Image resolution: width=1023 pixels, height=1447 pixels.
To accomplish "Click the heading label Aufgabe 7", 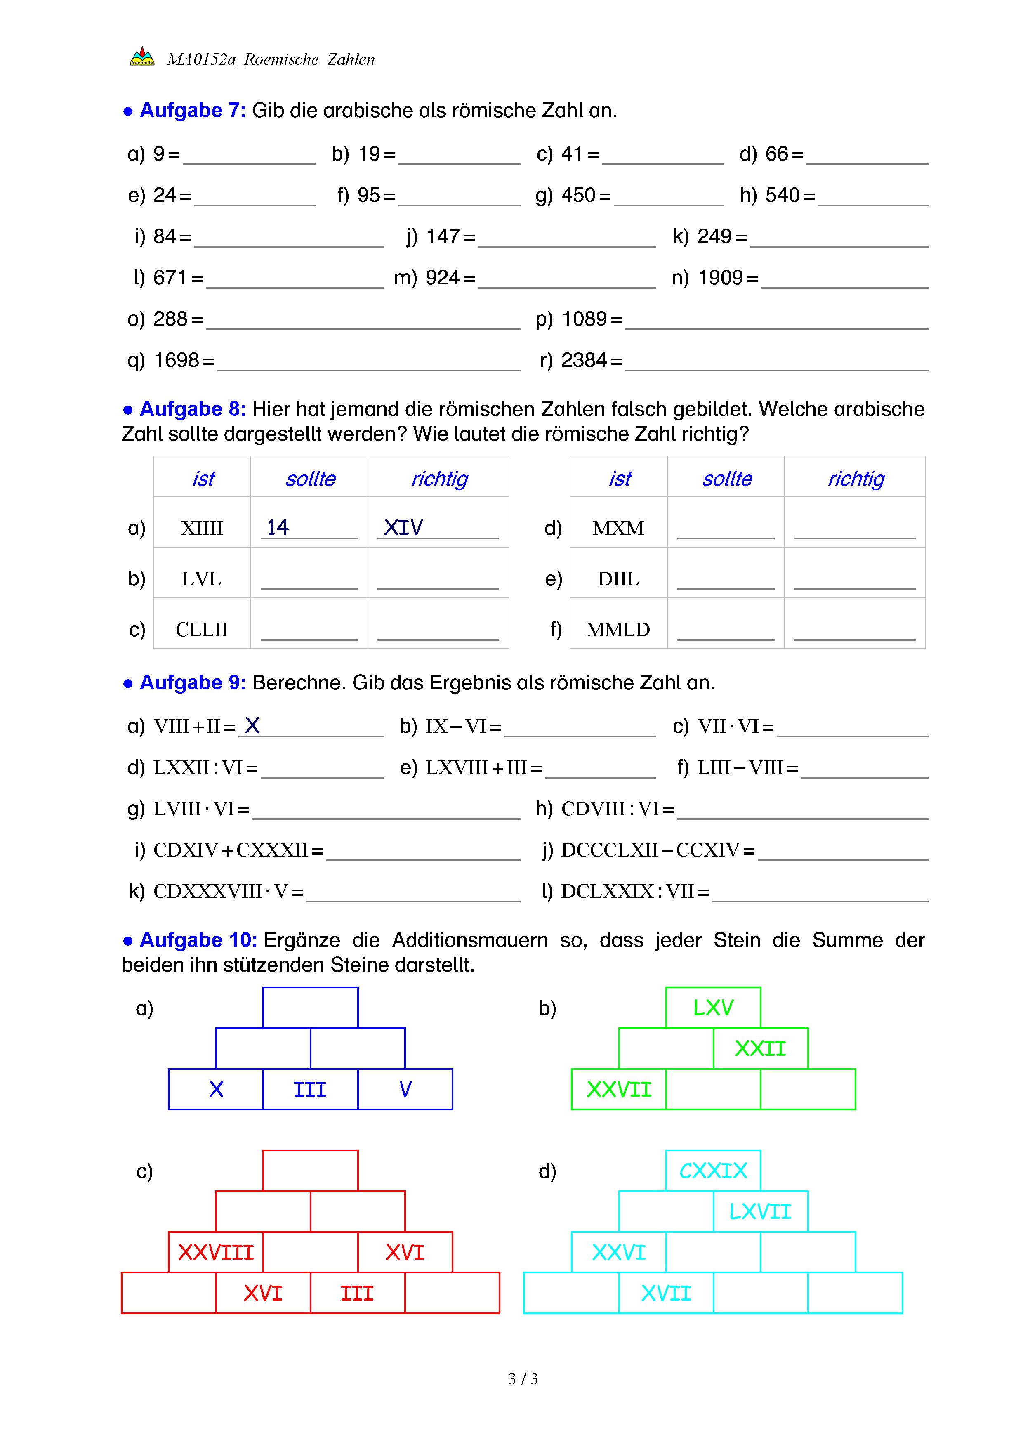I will pos(192,110).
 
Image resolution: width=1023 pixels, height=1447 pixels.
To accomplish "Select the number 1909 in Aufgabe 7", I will pos(720,278).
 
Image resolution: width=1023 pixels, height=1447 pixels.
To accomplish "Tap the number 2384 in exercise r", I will pos(583,361).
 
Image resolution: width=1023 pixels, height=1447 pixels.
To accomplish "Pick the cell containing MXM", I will pos(618,528).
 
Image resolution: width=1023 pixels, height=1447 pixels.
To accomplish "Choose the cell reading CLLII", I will pos(202,630).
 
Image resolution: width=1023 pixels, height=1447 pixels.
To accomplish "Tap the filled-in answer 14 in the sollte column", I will pos(277,527).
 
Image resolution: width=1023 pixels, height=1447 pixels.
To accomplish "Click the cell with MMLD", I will pos(618,630).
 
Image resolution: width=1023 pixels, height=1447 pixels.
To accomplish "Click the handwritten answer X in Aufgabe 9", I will pos(252,726).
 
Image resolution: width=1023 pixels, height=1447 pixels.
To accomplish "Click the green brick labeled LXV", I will pos(713,1008).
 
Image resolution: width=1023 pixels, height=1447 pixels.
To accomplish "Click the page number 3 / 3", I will pos(523,1379).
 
